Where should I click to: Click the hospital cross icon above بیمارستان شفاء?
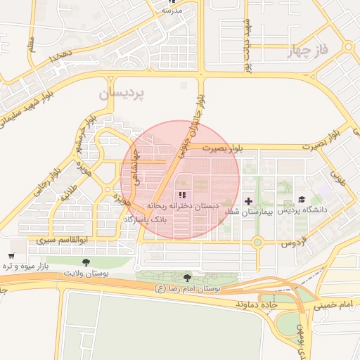coord(248,201)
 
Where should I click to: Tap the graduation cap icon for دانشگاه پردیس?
coord(302,200)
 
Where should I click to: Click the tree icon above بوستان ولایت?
coord(86,262)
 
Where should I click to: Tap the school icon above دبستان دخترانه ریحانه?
coord(182,195)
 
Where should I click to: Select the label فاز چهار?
coord(308,51)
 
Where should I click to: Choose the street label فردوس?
coord(295,243)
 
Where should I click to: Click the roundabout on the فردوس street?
coord(257,243)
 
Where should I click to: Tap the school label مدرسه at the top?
coord(172,11)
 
